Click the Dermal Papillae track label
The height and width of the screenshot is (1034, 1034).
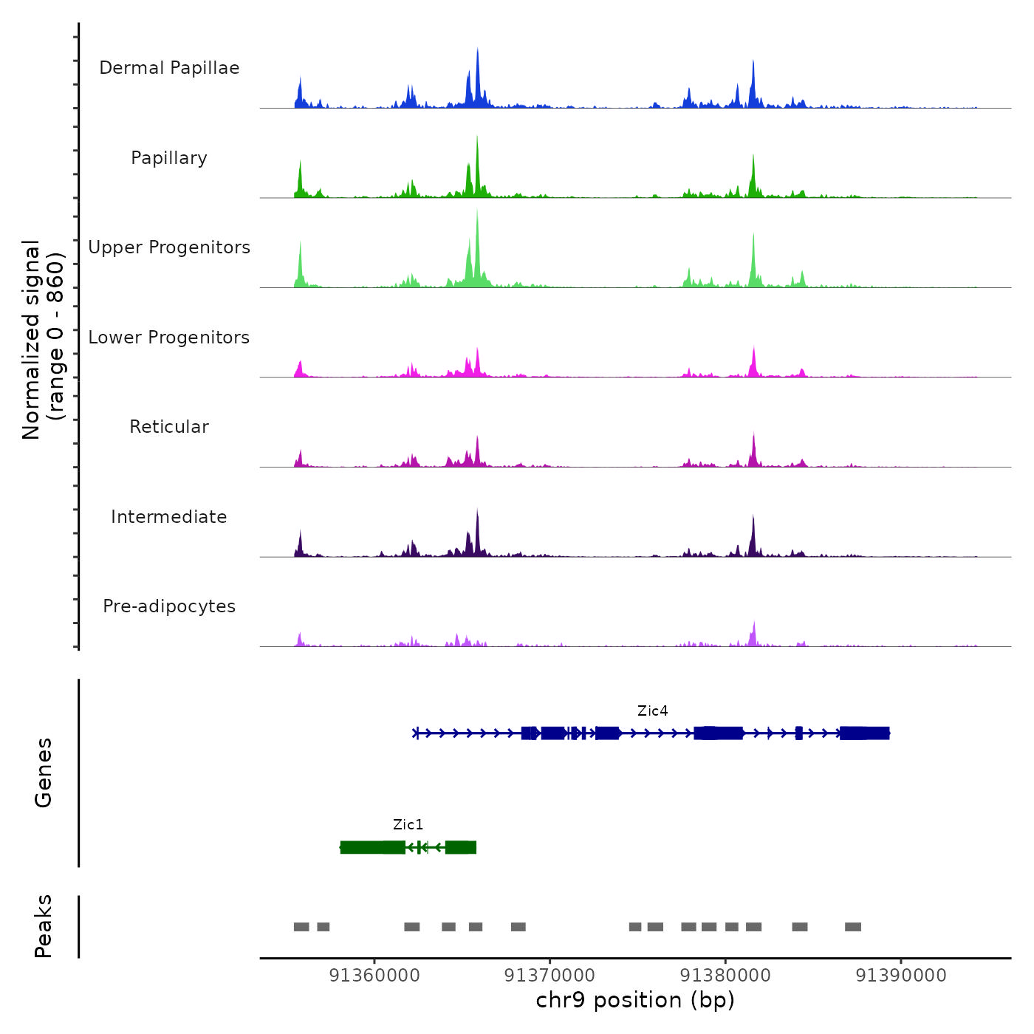pos(169,68)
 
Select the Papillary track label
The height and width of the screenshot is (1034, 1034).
pos(169,158)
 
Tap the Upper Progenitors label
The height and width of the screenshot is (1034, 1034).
pos(169,247)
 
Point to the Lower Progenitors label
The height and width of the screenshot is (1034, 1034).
pos(169,338)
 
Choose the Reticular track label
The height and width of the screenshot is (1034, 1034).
pos(169,427)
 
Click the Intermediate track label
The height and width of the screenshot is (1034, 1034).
pos(169,517)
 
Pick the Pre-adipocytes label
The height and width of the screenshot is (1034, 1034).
pos(169,606)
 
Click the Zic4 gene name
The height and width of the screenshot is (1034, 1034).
pos(652,711)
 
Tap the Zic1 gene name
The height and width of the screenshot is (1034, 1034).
pos(408,825)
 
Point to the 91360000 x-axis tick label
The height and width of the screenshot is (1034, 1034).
pos(374,976)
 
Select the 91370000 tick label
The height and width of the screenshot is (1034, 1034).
pos(549,976)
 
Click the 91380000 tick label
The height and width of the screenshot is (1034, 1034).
pos(725,976)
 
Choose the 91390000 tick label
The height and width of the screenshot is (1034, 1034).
pos(900,976)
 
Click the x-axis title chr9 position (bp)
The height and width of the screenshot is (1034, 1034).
pos(635,1000)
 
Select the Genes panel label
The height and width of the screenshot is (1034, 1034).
pos(44,773)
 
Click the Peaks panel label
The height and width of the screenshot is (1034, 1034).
pos(44,926)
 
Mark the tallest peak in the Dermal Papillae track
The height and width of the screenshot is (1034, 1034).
pos(478,50)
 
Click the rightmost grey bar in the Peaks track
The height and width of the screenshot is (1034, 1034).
pos(853,927)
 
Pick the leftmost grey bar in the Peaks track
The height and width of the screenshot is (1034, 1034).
pos(301,927)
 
